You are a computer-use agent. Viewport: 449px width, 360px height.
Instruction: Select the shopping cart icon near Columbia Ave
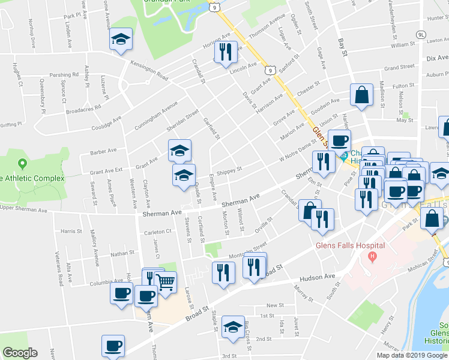click(x=165, y=281)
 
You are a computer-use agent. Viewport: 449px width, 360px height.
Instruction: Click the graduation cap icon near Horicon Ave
click(x=121, y=40)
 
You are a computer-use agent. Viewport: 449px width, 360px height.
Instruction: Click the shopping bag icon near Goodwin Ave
click(x=361, y=95)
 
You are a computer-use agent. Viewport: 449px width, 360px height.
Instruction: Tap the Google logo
click(x=20, y=353)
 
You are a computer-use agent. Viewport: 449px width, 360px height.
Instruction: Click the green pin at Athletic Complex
click(x=23, y=163)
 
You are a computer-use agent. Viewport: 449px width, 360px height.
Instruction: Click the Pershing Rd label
click(x=64, y=76)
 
